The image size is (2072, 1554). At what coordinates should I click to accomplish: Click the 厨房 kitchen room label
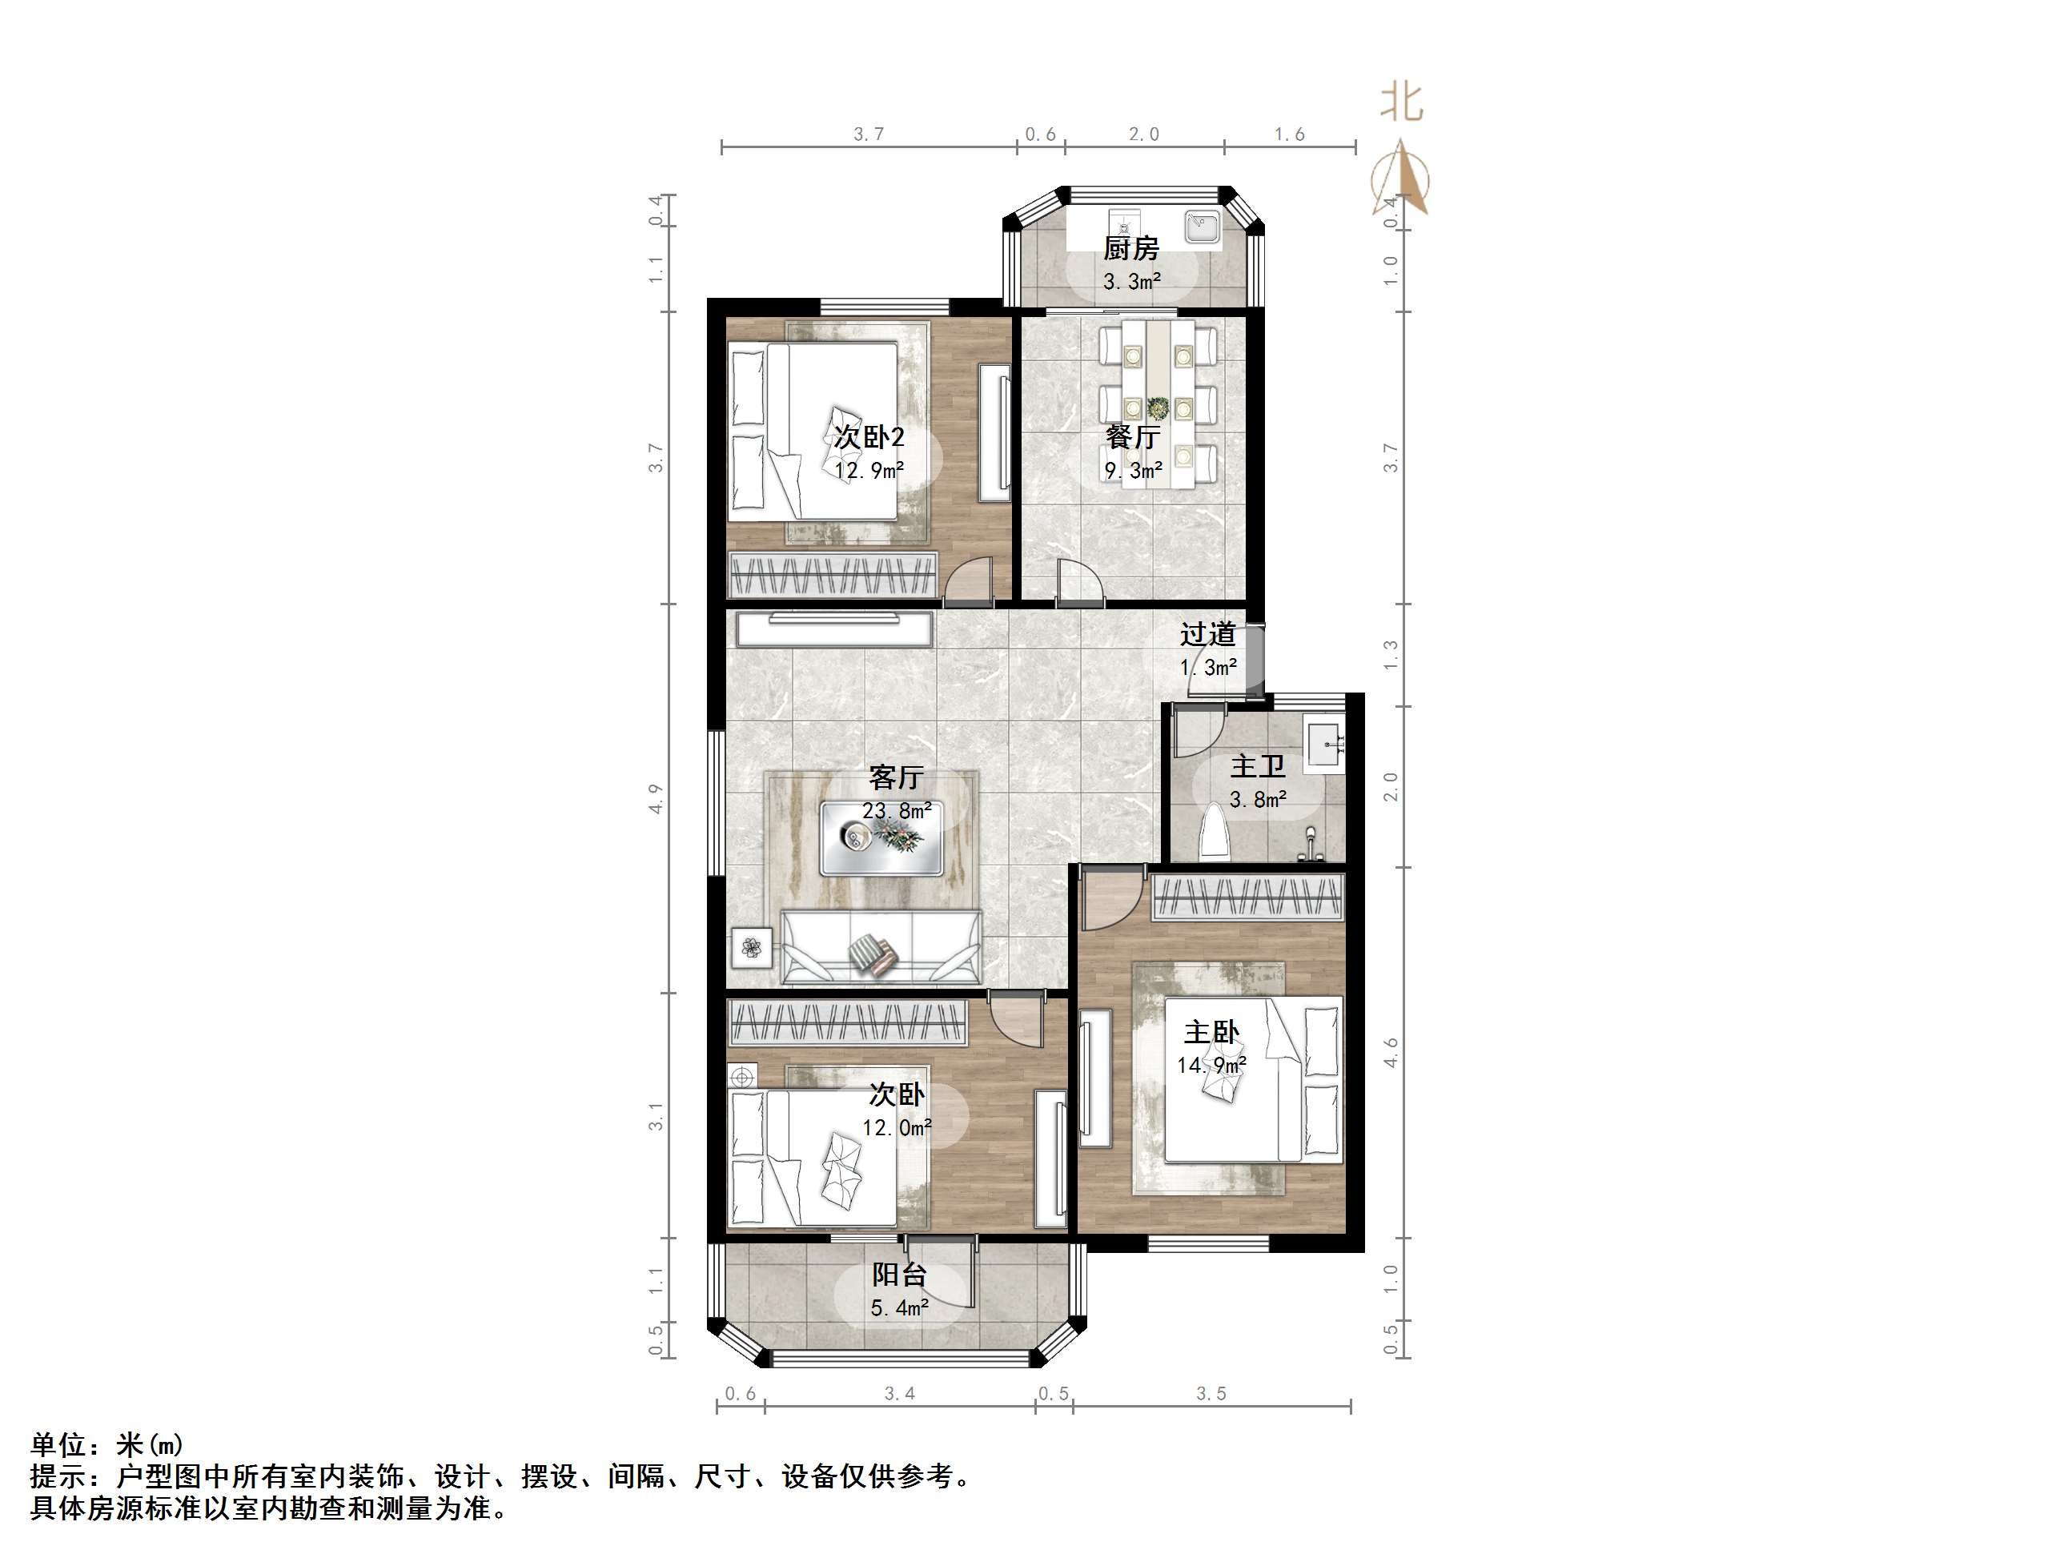pyautogui.click(x=1130, y=249)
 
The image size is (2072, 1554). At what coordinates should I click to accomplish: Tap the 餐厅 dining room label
pyautogui.click(x=1133, y=436)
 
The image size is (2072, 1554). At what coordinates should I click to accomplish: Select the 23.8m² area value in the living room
pyautogui.click(x=897, y=811)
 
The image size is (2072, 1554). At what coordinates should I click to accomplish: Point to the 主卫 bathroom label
pyautogui.click(x=1257, y=767)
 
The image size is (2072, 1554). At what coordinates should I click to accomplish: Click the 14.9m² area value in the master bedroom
pyautogui.click(x=1211, y=1066)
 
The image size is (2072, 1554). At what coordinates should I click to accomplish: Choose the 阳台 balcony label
pyautogui.click(x=899, y=1275)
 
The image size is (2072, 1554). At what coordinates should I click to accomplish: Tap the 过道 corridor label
pyautogui.click(x=1207, y=635)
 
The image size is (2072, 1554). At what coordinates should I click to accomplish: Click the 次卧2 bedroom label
pyautogui.click(x=869, y=437)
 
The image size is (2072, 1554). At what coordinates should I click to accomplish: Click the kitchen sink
pyautogui.click(x=1201, y=227)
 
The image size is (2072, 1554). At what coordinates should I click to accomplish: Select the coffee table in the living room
pyautogui.click(x=881, y=838)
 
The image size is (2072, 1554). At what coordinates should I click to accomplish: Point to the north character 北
pyautogui.click(x=1401, y=102)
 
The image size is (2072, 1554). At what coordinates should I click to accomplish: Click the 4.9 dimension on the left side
pyautogui.click(x=656, y=799)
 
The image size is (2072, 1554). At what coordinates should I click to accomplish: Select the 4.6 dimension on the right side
pyautogui.click(x=1391, y=1053)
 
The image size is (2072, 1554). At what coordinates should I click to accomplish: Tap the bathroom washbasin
pyautogui.click(x=1326, y=745)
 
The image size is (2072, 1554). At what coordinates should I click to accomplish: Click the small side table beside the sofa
pyautogui.click(x=751, y=949)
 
